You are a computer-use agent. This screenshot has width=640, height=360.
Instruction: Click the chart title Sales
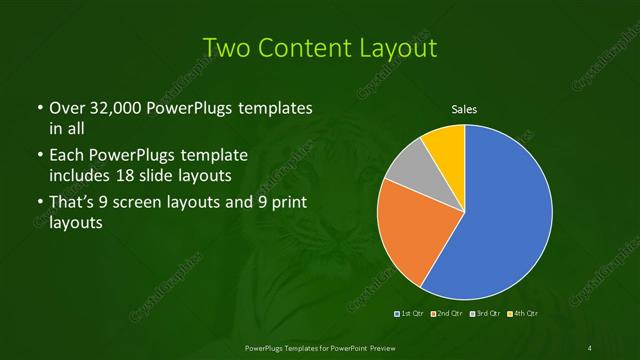464,110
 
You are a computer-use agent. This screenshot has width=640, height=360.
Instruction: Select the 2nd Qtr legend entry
447,314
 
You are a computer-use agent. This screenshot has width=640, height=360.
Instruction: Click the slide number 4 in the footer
591,346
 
